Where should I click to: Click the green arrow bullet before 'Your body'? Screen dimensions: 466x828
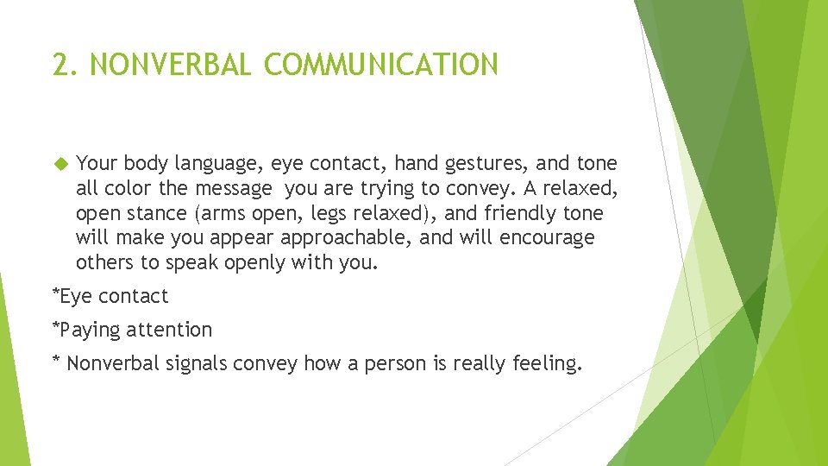60,163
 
